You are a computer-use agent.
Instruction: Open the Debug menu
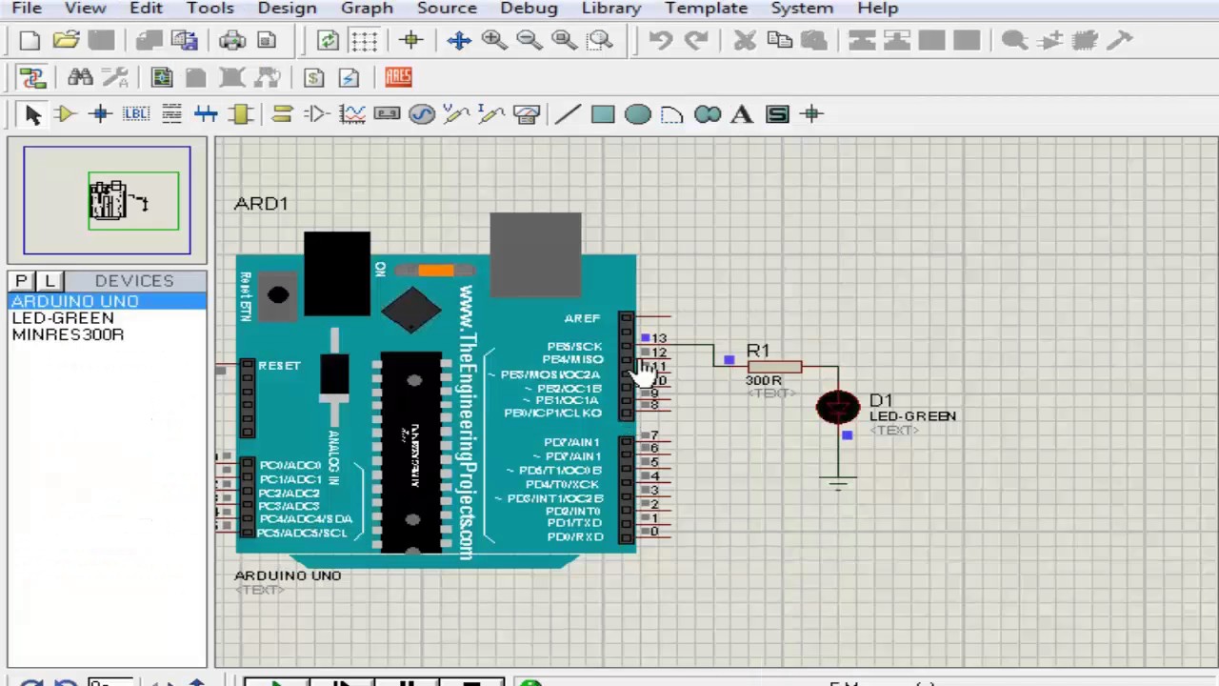529,9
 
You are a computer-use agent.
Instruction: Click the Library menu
611,9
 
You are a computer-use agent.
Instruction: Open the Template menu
706,9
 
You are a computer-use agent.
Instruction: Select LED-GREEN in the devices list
63,318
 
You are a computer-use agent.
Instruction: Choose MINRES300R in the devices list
68,335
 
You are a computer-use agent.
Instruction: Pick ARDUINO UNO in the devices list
75,301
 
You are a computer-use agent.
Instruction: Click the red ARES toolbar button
398,77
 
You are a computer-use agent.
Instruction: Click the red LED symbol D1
837,408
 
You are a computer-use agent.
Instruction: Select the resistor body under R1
773,367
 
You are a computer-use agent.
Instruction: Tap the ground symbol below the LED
838,482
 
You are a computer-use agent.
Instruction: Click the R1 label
758,351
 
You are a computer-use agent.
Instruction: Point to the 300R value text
763,380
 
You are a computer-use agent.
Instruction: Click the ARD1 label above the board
261,204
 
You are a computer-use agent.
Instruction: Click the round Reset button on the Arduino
278,295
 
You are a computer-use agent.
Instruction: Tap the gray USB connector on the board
535,253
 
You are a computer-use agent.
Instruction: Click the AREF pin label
582,318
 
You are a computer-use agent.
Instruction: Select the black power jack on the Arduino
337,272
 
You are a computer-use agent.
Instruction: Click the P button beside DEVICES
22,281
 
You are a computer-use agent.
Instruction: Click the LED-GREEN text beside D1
912,416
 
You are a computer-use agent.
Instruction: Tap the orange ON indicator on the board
435,271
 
